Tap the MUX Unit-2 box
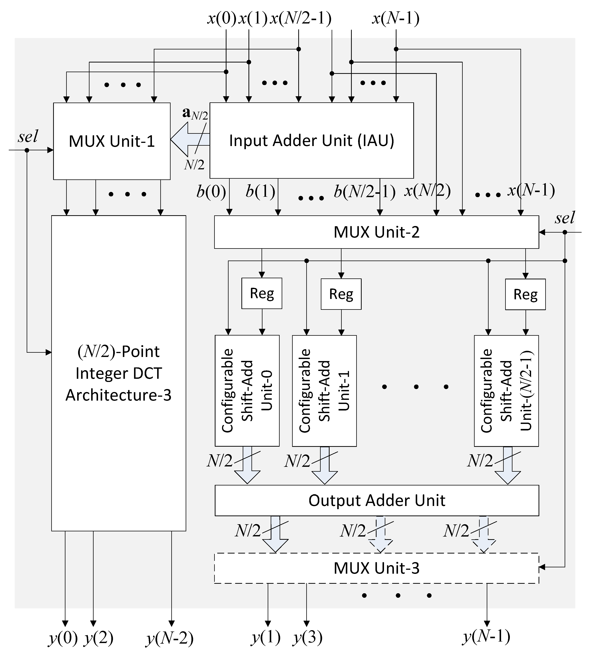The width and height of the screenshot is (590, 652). tap(376, 232)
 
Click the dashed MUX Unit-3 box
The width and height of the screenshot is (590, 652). tap(376, 568)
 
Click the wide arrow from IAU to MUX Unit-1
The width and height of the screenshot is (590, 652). tap(189, 140)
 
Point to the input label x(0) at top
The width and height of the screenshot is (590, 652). tap(222, 18)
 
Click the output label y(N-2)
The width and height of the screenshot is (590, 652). tap(170, 638)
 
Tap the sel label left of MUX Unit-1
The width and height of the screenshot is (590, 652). tap(28, 136)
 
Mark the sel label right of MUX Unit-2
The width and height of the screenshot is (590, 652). tap(565, 218)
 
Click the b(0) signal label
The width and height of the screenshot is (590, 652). tap(211, 192)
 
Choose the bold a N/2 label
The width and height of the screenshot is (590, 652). tap(195, 114)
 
